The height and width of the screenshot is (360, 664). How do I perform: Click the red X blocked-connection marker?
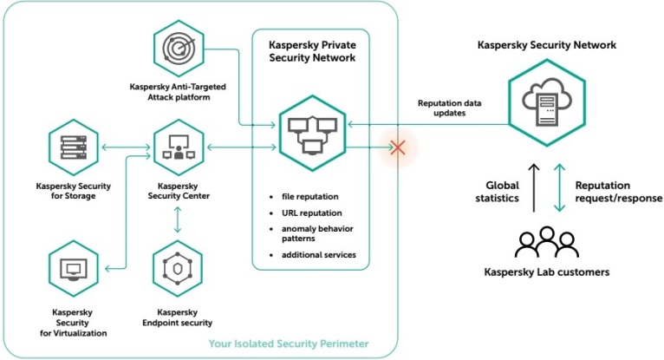[x=398, y=147]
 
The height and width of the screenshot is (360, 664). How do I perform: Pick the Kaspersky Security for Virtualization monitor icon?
[x=73, y=269]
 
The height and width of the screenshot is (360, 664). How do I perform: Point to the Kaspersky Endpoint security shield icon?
[x=178, y=269]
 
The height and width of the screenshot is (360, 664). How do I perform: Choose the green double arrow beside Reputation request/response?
[x=559, y=188]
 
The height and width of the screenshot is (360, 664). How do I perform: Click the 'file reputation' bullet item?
[x=309, y=197]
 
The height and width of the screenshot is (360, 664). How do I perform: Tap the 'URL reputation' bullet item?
[x=310, y=213]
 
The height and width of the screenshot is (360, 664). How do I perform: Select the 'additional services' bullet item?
[x=317, y=254]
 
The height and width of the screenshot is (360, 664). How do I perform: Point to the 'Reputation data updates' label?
[x=450, y=108]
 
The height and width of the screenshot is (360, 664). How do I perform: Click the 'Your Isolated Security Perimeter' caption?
[x=288, y=344]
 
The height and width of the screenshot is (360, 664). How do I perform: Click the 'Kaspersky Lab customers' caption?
[x=546, y=272]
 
